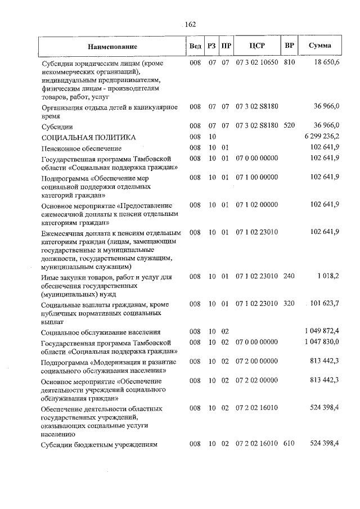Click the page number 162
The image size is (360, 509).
(x=190, y=24)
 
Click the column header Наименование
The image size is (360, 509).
(x=112, y=46)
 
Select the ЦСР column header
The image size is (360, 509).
(x=257, y=46)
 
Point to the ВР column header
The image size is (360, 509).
(x=290, y=46)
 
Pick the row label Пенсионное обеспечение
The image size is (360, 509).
(x=81, y=148)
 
